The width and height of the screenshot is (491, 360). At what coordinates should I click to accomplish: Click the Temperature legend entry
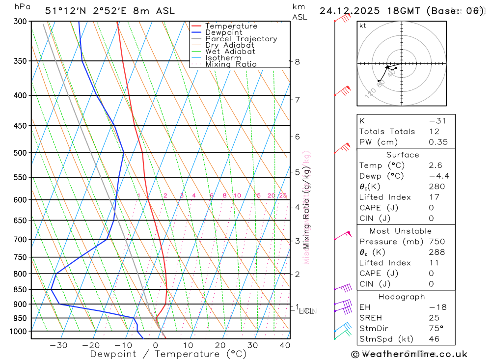[x=231, y=26]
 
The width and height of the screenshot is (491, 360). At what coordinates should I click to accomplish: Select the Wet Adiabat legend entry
[x=230, y=51]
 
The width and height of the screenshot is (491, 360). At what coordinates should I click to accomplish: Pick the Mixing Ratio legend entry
[x=231, y=64]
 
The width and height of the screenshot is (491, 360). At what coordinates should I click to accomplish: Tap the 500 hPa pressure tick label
[x=20, y=153]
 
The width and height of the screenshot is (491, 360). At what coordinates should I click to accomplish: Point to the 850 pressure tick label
[x=20, y=289]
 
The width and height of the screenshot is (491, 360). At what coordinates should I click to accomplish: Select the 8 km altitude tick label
[x=297, y=61]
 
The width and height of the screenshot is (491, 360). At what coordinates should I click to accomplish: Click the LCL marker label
[x=307, y=310]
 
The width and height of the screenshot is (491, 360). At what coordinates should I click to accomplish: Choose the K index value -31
[x=436, y=121]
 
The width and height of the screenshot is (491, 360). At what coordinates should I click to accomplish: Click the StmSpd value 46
[x=434, y=339]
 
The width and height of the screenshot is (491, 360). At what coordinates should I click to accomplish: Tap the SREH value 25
[x=434, y=318]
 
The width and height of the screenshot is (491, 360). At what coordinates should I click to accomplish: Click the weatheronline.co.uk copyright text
[x=409, y=354]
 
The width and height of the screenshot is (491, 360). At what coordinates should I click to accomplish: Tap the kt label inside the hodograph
[x=363, y=26]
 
